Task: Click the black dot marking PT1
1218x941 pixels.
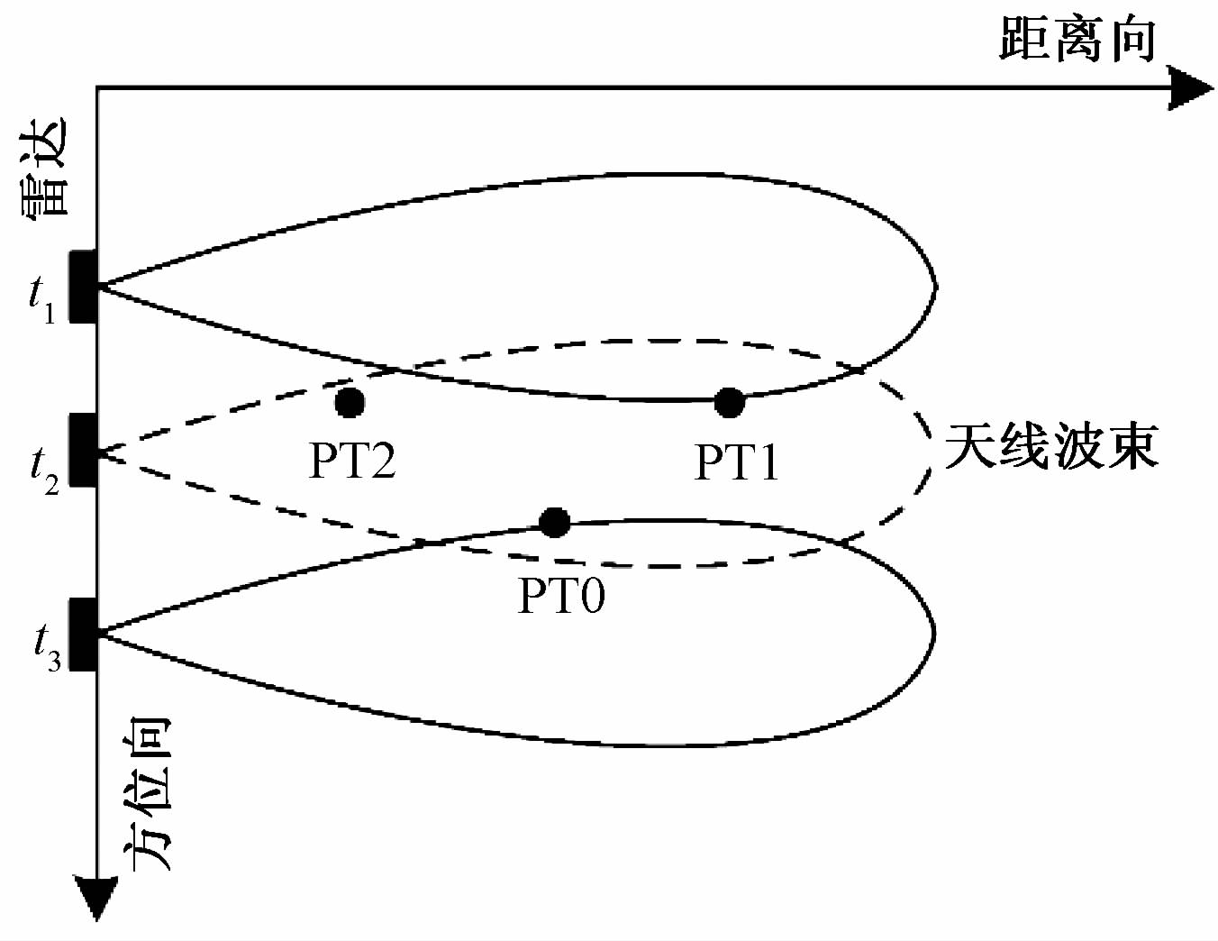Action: tap(729, 402)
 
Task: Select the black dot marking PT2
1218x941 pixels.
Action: tap(350, 402)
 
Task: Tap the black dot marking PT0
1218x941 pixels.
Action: tap(554, 522)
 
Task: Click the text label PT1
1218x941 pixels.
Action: tap(737, 461)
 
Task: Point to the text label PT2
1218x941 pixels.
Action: tap(352, 460)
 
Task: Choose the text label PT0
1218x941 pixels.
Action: tap(561, 596)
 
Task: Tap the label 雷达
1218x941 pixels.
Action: tap(45, 167)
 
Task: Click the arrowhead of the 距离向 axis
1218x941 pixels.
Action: tap(1189, 87)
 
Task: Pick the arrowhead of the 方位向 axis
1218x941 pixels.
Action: tap(96, 897)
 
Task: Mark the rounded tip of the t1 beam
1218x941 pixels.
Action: tap(936, 287)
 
